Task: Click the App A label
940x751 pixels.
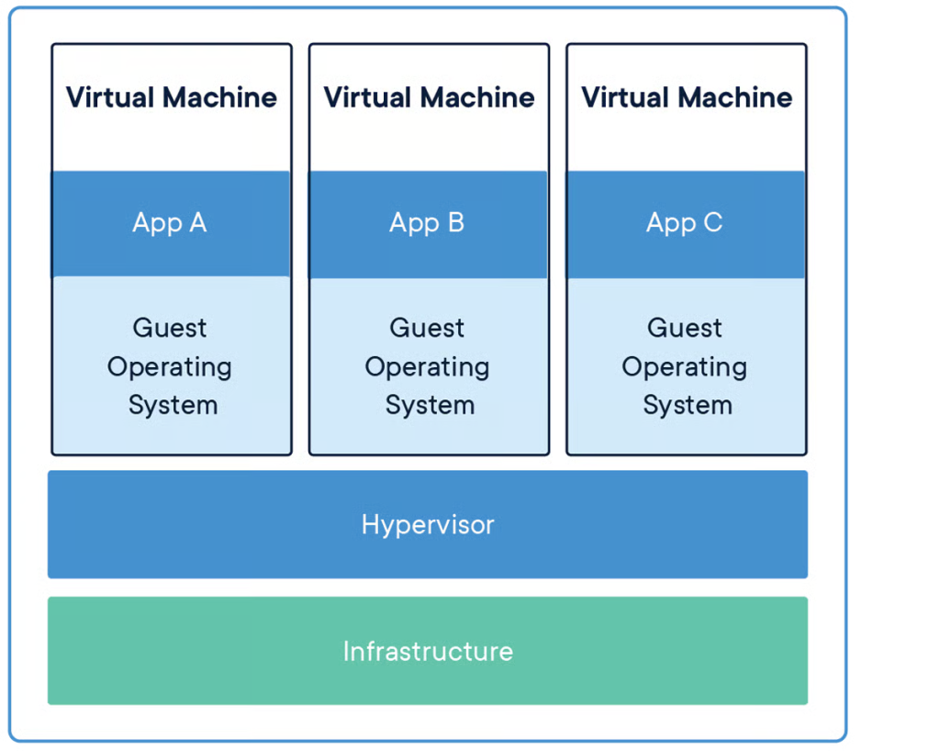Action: coord(170,224)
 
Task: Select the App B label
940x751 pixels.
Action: coord(427,224)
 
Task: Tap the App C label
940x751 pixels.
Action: coord(684,224)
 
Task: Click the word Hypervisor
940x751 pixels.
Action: coord(428,526)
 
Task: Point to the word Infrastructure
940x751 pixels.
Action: coord(428,652)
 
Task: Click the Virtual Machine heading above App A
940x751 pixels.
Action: coord(172,97)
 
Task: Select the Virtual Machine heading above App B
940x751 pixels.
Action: coord(430,97)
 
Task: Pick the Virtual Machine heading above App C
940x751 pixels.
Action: coord(687,97)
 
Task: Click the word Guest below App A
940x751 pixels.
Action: coord(170,328)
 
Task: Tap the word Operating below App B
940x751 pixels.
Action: coord(427,367)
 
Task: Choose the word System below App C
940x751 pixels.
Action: coord(688,406)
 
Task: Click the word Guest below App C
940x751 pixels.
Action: coord(685,328)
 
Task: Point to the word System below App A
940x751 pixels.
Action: coord(173,406)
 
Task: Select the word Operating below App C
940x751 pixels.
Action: coord(685,367)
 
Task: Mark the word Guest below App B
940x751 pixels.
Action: coord(427,328)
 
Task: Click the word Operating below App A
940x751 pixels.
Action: coord(170,367)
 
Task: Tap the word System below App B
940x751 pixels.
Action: coord(430,406)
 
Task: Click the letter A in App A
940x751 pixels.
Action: coord(198,222)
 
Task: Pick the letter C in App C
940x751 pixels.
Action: coord(712,222)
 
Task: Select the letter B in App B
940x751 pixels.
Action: coord(456,222)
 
